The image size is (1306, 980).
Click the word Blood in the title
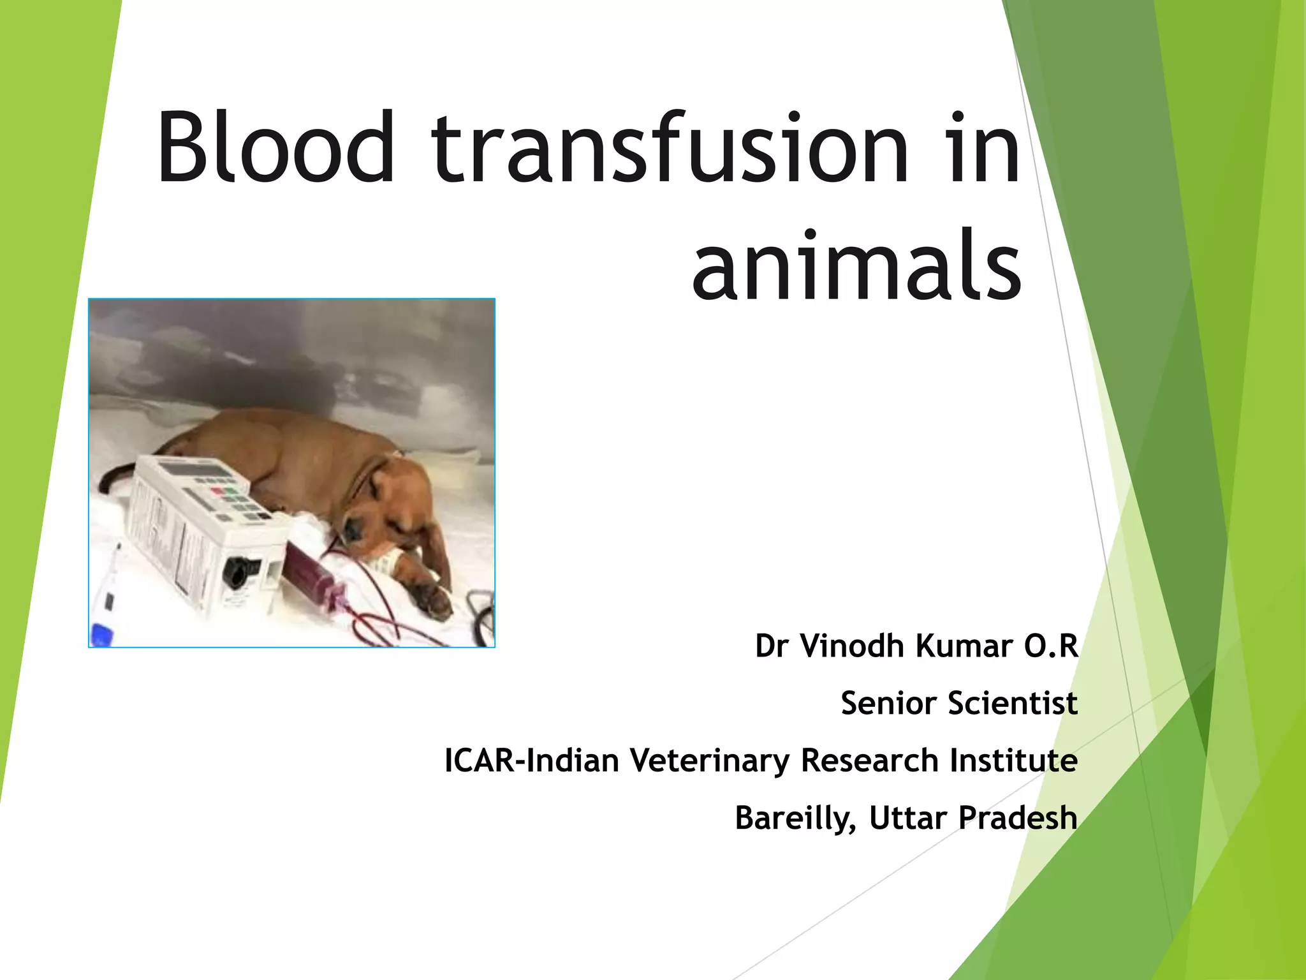(275, 148)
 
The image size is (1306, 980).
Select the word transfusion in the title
(670, 148)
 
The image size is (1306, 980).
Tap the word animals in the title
(857, 265)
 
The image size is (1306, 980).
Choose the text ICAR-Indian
(531, 761)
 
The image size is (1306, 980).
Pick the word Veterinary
(709, 761)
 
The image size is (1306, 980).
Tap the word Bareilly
(795, 818)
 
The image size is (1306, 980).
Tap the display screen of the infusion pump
(191, 470)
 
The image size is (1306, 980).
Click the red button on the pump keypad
(217, 491)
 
